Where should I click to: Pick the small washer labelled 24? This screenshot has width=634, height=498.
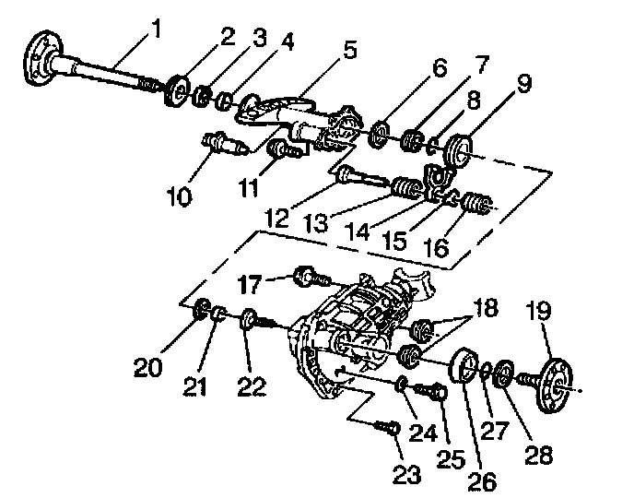click(x=404, y=382)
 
